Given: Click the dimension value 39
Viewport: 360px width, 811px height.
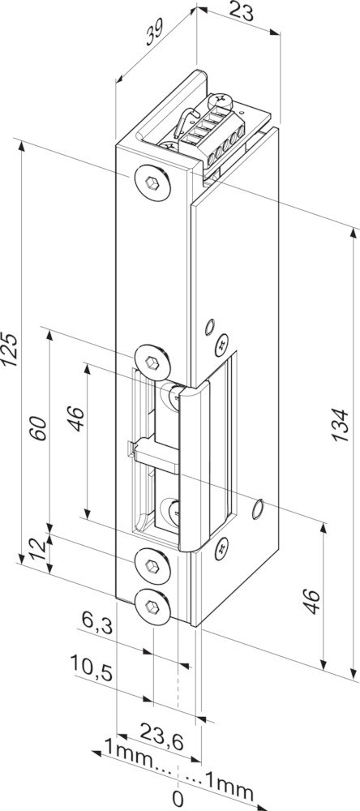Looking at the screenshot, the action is point(155,32).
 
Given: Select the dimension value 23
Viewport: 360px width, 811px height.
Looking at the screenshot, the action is point(242,11).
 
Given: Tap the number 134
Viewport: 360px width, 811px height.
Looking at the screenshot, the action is point(339,425).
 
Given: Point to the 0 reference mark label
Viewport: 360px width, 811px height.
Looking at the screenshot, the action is point(178,799).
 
